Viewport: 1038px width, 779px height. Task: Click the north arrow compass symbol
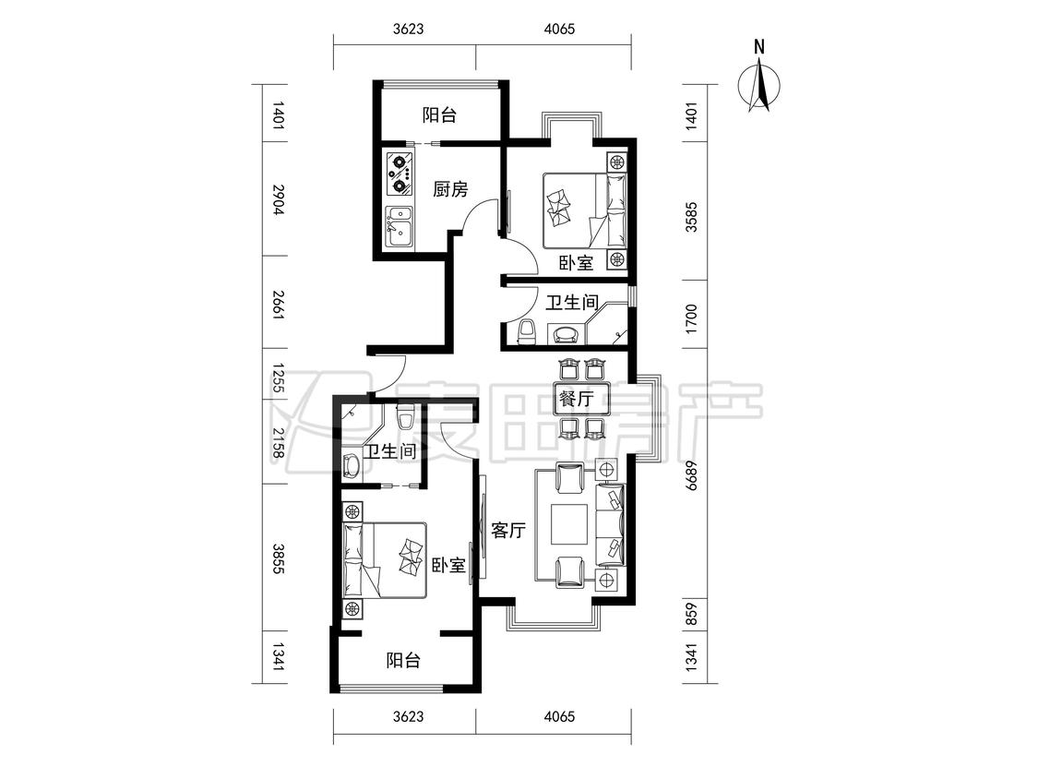coord(759,79)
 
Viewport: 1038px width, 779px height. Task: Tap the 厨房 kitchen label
coord(450,190)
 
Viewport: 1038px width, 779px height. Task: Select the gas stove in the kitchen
coord(400,173)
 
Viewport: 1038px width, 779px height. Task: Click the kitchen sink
coord(399,226)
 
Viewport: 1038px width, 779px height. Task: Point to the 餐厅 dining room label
coord(575,399)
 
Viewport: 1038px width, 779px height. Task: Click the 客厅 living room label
coord(508,530)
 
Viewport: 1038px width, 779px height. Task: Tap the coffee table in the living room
coord(569,524)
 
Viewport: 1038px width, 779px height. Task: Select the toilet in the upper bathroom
coord(527,332)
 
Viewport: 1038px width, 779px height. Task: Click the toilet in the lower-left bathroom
coord(405,417)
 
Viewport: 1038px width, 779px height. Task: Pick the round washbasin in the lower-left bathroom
coord(352,466)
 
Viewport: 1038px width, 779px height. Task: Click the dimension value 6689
coord(691,474)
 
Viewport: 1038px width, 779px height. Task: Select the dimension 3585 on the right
coord(691,216)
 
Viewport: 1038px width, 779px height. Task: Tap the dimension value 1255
coord(279,378)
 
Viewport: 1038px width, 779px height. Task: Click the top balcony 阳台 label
coord(439,115)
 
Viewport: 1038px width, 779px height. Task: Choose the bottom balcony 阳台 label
coord(403,661)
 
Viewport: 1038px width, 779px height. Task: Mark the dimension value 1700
coord(691,318)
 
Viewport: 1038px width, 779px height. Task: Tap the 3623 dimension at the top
coord(408,30)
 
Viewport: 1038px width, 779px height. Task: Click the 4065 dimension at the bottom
coord(559,717)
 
